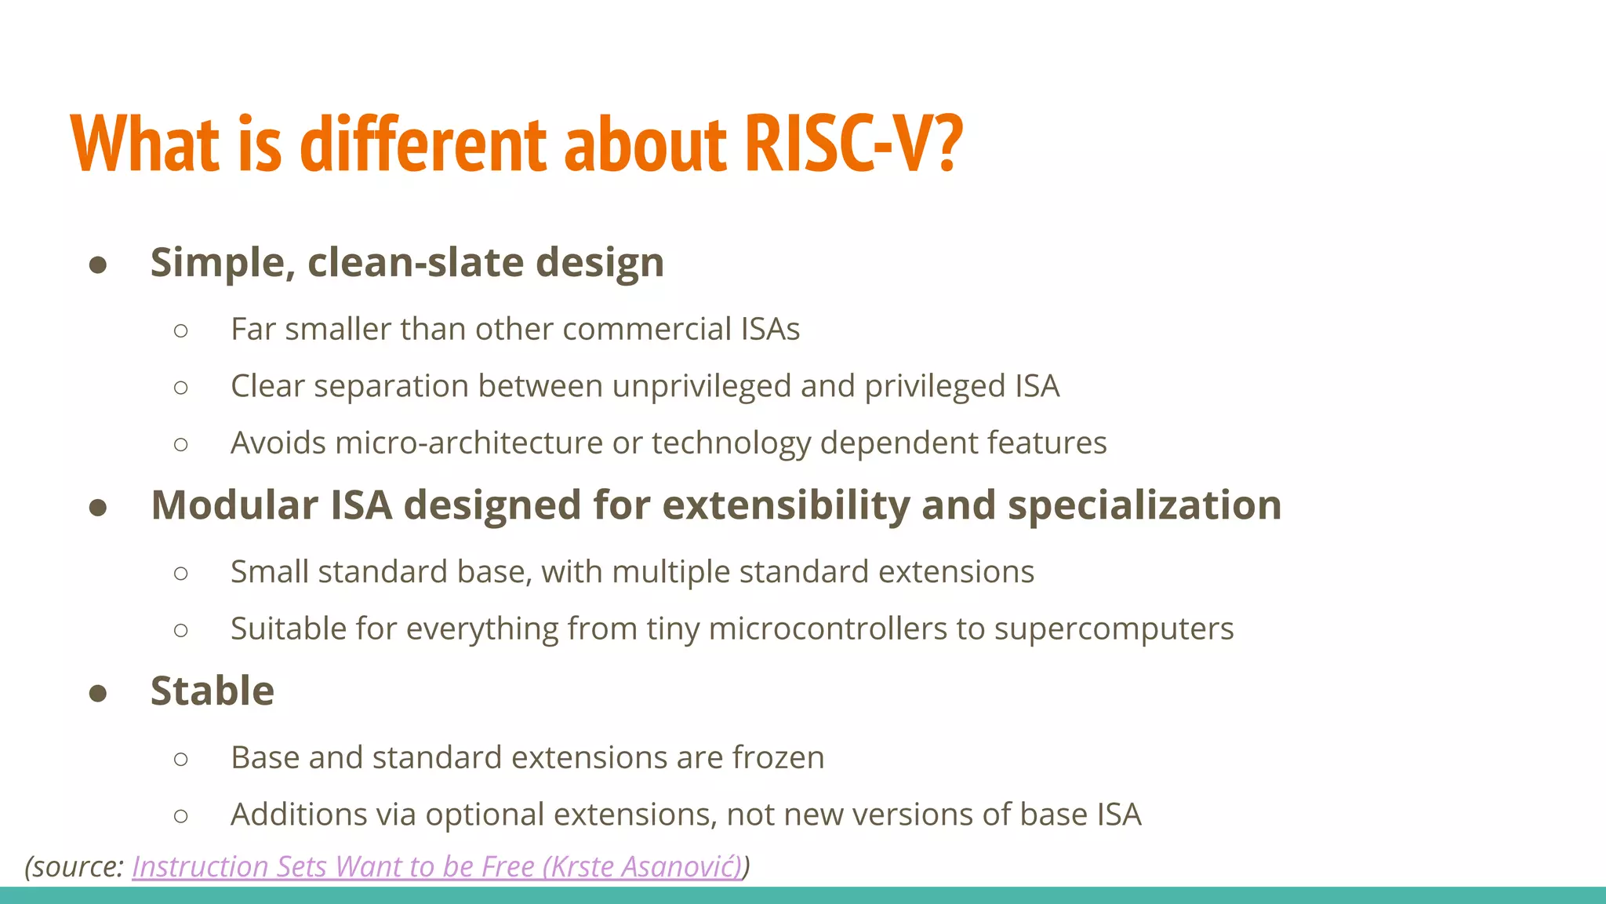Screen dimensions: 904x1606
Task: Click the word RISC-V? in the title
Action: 853,144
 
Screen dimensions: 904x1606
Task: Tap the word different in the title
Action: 423,144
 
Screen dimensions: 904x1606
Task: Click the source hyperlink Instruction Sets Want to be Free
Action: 437,866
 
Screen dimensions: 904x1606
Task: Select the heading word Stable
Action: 213,691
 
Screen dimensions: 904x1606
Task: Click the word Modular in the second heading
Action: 234,505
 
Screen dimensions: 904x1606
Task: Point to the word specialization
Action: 1144,505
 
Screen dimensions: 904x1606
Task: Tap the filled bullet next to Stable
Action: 98,693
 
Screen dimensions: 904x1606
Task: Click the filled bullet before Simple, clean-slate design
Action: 98,264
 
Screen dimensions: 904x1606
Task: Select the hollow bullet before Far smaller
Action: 181,330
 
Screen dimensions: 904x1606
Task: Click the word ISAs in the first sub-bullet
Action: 770,329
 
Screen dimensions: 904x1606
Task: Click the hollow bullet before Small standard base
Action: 181,574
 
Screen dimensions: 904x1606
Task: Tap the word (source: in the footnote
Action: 74,867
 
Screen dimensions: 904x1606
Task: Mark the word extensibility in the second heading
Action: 776,505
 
